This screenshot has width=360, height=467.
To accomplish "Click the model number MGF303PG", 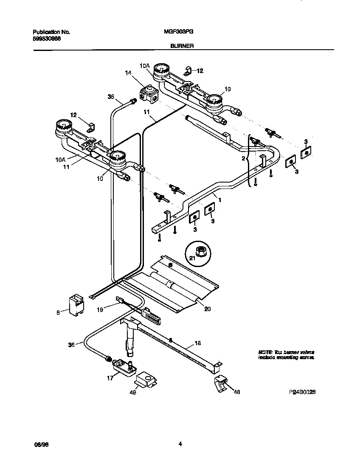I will click(x=176, y=32).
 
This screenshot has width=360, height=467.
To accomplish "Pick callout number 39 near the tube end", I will click(x=111, y=97).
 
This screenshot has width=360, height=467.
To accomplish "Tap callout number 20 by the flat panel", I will click(x=207, y=309).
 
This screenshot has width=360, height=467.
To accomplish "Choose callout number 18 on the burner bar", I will click(x=197, y=343).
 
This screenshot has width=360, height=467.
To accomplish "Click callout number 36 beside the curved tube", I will click(x=71, y=345).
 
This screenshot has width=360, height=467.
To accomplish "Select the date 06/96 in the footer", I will click(x=39, y=444).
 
